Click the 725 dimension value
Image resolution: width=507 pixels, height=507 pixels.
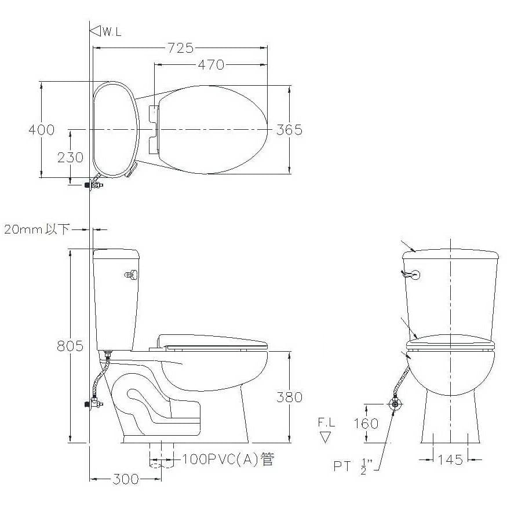[x=180, y=48]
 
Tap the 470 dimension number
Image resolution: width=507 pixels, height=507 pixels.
[x=211, y=65]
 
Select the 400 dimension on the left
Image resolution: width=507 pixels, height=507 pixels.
[x=42, y=130]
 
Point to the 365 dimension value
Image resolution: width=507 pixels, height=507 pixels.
[x=289, y=130]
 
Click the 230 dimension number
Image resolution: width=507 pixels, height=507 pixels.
[x=70, y=158]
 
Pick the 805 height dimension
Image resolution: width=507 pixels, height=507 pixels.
[x=70, y=346]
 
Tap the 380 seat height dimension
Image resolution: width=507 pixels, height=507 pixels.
[x=289, y=397]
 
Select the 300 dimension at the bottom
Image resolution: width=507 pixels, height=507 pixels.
[x=126, y=479]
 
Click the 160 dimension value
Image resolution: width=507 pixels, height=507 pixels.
[x=366, y=423]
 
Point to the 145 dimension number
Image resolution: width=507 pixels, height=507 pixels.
[x=450, y=459]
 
